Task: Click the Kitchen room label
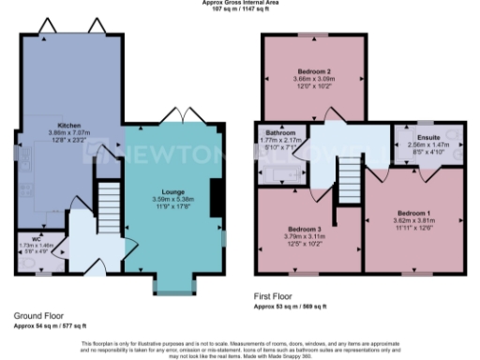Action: (x=68, y=125)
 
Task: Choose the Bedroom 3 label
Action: (x=305, y=229)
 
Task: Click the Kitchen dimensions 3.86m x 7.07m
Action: (x=68, y=132)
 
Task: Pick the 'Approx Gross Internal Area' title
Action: (x=241, y=3)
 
